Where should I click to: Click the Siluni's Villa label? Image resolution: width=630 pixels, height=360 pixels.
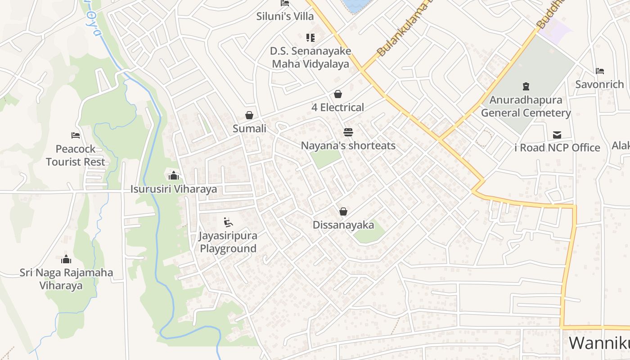tap(285, 17)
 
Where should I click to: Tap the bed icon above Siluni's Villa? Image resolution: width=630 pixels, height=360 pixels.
tap(284, 3)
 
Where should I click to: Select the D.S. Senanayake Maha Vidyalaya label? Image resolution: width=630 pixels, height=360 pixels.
tap(310, 57)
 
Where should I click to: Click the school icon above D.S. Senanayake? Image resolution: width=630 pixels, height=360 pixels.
tap(310, 37)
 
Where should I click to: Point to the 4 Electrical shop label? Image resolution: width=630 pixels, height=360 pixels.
tap(337, 108)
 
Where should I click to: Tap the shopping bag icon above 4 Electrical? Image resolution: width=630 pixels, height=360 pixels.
tap(338, 94)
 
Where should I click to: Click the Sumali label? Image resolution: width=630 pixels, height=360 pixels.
tap(249, 129)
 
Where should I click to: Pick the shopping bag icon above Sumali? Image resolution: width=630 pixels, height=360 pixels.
tap(249, 116)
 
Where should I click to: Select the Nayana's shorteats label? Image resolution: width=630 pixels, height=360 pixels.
tap(348, 146)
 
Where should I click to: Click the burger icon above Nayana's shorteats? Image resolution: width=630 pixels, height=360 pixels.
tap(348, 132)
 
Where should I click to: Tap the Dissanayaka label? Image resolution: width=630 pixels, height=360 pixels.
tap(343, 225)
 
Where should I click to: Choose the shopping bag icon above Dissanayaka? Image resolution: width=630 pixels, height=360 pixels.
tap(343, 211)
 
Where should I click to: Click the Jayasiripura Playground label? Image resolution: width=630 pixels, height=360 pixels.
tap(228, 242)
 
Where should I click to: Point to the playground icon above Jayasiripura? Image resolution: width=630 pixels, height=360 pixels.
tap(228, 222)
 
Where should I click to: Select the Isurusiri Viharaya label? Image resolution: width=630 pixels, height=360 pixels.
tap(174, 189)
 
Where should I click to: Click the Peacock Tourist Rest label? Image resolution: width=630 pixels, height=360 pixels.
tap(76, 155)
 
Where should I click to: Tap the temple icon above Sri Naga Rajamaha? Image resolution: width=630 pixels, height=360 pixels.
tap(66, 259)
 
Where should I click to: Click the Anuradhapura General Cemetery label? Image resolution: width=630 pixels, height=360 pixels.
tap(526, 106)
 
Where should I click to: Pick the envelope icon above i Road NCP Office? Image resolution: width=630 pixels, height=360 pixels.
tap(557, 135)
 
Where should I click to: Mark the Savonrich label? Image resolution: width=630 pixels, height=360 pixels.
tap(599, 85)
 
